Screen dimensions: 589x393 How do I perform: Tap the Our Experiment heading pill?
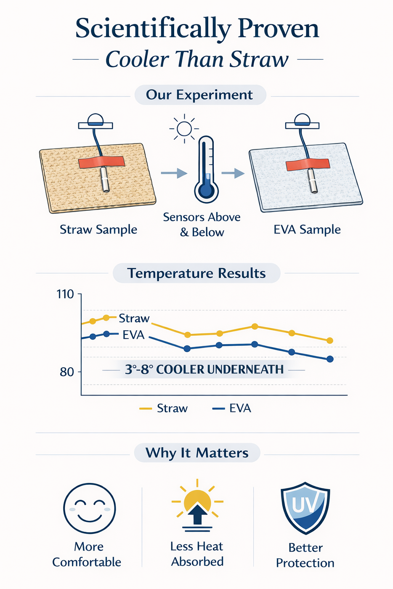200,95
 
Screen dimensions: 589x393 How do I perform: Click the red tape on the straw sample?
101,162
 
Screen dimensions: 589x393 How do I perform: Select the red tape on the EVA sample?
308,164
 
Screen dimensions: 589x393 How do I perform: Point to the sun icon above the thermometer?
184,128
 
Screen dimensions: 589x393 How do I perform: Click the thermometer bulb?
206,190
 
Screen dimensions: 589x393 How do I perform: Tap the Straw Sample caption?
98,229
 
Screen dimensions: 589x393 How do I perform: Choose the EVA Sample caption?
307,229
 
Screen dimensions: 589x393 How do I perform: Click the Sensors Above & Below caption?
202,224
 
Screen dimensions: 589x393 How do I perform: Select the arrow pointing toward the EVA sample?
233,173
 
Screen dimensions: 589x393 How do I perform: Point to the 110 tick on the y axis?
66,294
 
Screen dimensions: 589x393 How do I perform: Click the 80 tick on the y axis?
67,372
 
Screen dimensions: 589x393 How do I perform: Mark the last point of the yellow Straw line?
330,340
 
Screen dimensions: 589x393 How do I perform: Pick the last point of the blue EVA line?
330,359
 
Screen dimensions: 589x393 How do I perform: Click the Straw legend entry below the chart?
164,408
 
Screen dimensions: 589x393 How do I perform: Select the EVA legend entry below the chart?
232,408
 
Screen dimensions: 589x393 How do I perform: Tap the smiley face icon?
89,508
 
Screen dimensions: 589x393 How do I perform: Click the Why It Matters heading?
197,453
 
